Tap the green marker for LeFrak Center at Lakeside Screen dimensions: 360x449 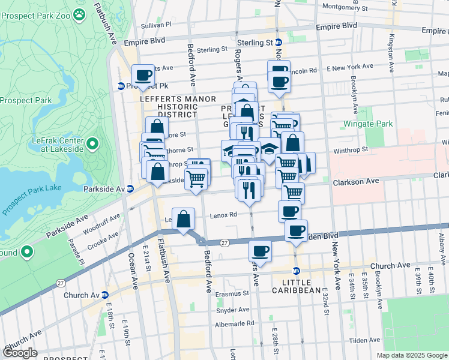pos(92,144)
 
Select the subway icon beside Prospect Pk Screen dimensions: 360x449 pos(121,86)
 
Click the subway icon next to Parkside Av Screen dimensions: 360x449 pos(130,188)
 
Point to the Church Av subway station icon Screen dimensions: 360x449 pos(105,295)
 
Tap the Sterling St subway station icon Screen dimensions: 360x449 pos(279,43)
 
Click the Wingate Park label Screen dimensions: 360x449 pos(367,124)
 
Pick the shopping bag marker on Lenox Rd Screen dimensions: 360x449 pos(184,219)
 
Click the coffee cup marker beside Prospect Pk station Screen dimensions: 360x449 pos(143,76)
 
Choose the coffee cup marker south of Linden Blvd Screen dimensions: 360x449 pos(261,250)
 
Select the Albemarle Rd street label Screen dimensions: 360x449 pos(235,323)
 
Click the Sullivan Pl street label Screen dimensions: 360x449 pos(156,26)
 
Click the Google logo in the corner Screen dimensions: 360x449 pos(20,353)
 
